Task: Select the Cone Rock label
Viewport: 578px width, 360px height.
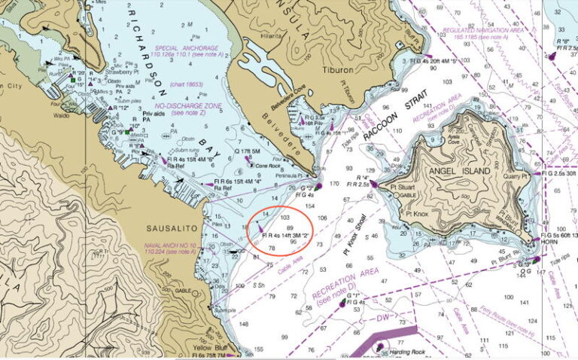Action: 267,166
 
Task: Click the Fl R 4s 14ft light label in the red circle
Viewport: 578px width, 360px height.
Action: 286,236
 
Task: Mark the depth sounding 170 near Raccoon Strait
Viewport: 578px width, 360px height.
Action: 335,183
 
